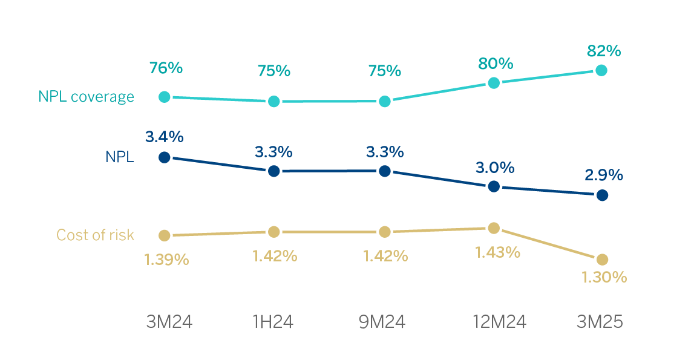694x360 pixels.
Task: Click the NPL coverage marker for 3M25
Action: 601,70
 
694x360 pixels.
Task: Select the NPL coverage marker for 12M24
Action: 494,83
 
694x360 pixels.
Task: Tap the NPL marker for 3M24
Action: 164,157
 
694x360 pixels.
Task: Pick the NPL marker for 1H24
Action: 273,171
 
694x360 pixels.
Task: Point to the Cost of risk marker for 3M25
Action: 601,260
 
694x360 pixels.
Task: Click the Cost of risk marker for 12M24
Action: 494,228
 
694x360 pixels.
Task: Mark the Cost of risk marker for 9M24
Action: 384,232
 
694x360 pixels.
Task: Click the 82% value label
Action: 603,51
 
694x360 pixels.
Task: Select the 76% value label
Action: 166,68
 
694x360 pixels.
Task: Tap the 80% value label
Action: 496,63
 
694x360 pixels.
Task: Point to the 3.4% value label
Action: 164,137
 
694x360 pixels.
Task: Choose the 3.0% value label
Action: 496,167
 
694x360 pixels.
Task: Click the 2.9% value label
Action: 603,175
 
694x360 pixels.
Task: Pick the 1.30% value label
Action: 603,278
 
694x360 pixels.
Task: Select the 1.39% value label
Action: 166,260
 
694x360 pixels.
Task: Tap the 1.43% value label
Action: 497,252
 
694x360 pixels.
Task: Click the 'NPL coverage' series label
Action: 86,97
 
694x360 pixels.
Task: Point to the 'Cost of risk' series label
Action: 95,235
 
